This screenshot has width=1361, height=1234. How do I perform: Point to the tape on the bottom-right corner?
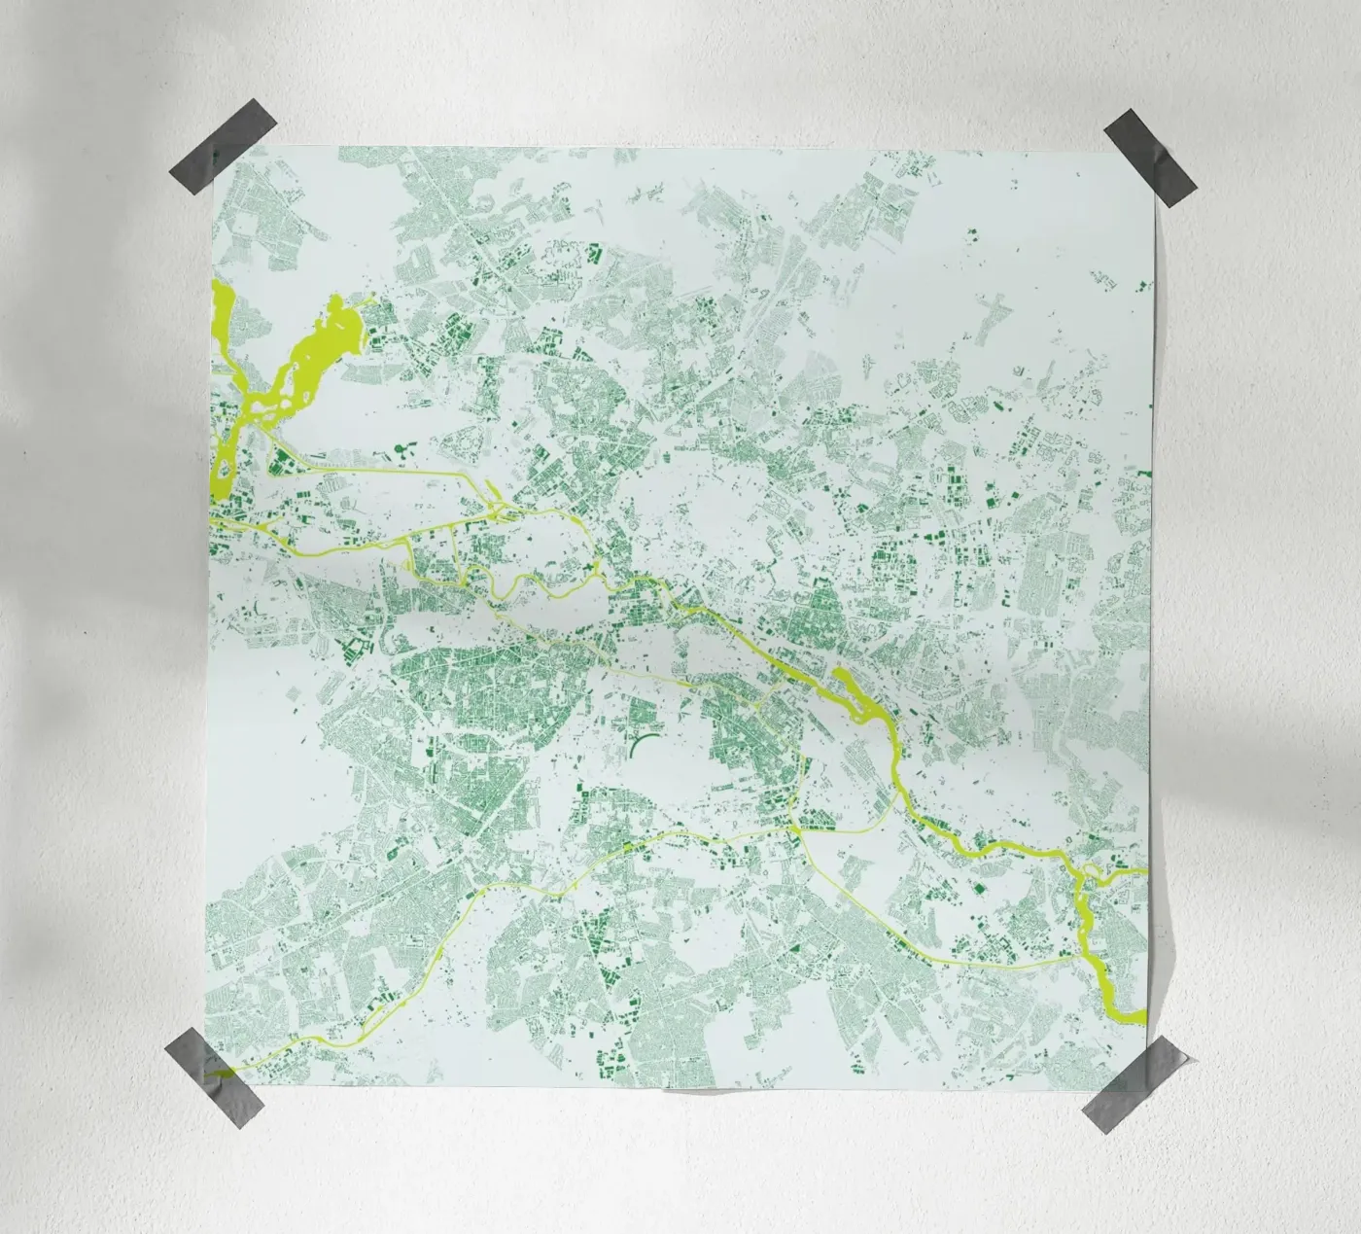pyautogui.click(x=1134, y=1088)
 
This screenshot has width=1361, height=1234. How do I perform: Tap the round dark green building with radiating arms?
pyautogui.click(x=401, y=449)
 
